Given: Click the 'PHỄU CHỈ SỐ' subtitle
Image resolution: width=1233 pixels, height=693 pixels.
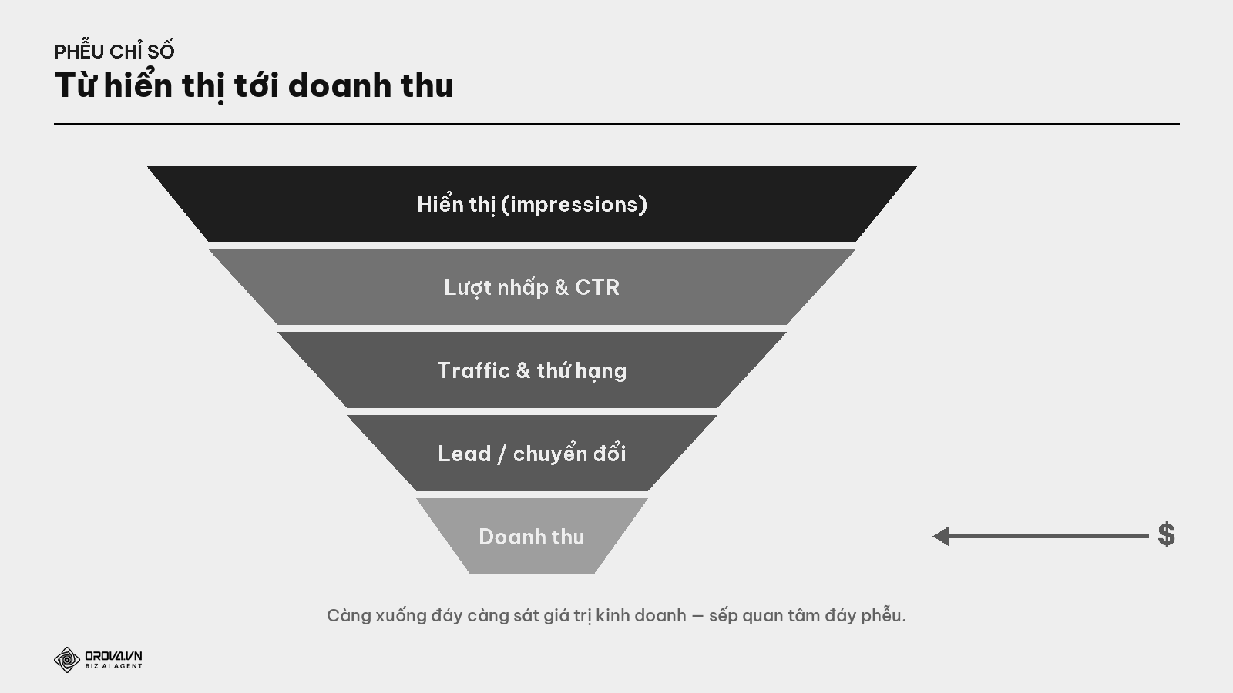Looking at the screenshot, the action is [x=115, y=51].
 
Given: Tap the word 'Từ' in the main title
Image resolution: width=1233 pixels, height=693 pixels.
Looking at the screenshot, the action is [x=76, y=85].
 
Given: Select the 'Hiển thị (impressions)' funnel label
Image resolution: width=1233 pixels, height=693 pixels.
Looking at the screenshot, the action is [x=532, y=204].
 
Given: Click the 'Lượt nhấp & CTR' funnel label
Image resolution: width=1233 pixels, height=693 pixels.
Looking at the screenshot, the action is [x=532, y=288].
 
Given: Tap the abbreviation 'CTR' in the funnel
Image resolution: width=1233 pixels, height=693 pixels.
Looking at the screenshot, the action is [x=597, y=287].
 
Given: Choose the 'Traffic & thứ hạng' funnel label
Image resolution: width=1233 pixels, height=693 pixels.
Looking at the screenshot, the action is [x=532, y=371].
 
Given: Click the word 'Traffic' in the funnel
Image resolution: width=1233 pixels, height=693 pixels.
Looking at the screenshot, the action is [x=474, y=370].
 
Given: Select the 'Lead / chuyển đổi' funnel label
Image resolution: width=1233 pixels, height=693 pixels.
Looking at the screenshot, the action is [x=532, y=454].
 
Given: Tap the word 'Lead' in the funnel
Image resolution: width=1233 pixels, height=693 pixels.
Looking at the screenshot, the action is [x=464, y=454].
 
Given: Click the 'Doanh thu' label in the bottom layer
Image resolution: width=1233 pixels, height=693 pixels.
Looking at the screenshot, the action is [x=532, y=537].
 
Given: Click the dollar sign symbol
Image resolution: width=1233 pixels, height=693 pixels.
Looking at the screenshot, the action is [x=1167, y=534].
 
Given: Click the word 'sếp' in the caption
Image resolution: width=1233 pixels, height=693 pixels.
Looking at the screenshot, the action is [x=724, y=616].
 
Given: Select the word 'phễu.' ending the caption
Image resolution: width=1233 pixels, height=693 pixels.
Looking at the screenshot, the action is [x=883, y=615].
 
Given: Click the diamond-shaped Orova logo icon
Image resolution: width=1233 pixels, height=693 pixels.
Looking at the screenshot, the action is [x=67, y=659].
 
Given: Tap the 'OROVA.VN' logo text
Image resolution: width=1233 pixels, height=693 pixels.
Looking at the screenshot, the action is [x=113, y=655].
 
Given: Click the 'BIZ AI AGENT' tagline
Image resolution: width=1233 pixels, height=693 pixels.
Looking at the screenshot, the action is [x=113, y=666].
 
